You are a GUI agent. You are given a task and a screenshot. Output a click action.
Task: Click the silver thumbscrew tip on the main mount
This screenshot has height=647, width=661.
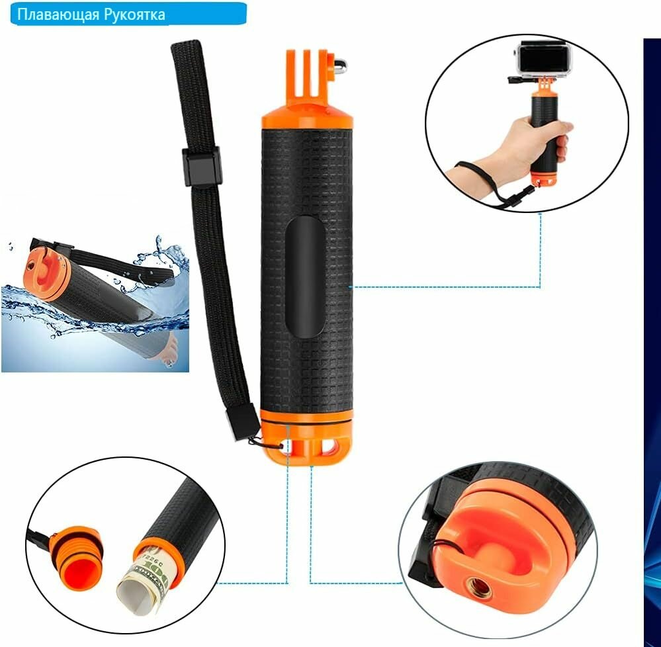coord(341,64)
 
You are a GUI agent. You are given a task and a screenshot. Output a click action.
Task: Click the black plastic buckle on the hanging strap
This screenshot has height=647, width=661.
coord(202,166)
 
